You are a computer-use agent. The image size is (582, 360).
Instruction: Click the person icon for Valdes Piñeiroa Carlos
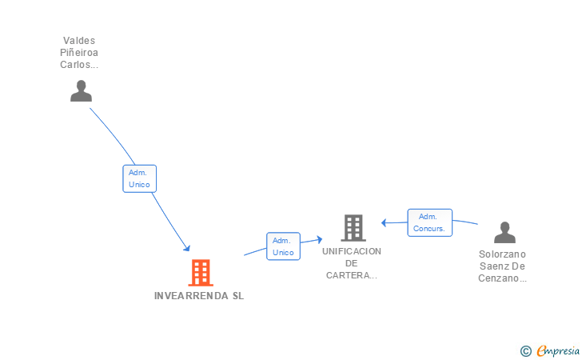(x=81, y=91)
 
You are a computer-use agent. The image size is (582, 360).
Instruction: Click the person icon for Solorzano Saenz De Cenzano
(x=504, y=232)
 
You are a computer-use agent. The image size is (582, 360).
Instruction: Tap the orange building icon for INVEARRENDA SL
(x=201, y=273)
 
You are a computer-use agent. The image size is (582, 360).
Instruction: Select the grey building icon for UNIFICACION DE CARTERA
(x=353, y=228)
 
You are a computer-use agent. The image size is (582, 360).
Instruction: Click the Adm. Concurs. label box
(x=430, y=222)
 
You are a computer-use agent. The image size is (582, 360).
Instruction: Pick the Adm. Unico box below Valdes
(x=139, y=178)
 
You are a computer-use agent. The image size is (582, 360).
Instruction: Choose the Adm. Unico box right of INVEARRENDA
(x=283, y=246)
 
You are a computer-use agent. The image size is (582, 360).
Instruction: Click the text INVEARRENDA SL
(x=199, y=296)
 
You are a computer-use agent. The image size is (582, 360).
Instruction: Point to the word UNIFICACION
(x=352, y=251)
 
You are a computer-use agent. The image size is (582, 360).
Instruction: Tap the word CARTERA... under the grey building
(x=352, y=276)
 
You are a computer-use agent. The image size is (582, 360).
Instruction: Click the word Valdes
(x=79, y=40)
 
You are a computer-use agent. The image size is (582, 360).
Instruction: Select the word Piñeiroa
(x=79, y=53)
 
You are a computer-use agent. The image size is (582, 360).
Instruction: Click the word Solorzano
(x=503, y=254)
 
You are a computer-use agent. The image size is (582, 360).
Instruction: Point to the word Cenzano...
(x=503, y=278)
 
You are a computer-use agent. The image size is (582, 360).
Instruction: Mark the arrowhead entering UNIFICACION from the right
(x=385, y=222)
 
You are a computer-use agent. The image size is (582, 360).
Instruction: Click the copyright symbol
(x=525, y=350)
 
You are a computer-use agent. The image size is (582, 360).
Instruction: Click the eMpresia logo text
(x=559, y=350)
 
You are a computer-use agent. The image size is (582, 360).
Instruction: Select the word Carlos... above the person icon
(x=79, y=65)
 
